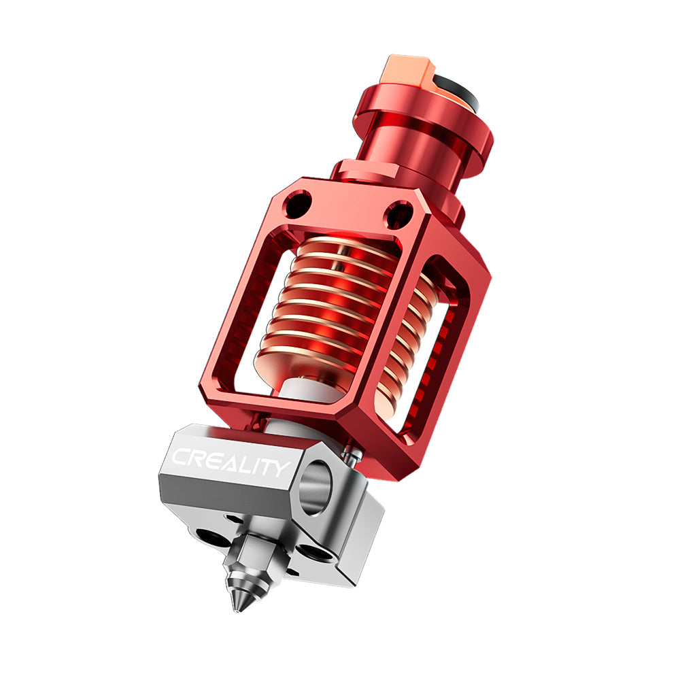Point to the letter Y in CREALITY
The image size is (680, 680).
[x=280, y=469]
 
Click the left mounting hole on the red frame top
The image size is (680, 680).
[x=299, y=203]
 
